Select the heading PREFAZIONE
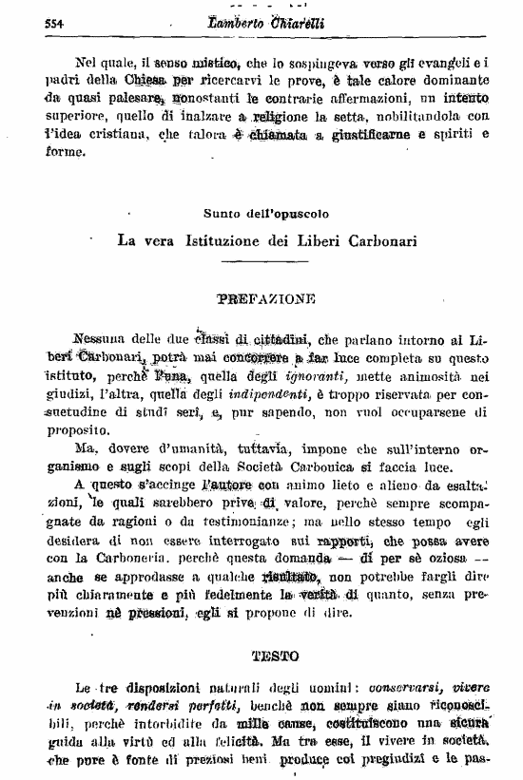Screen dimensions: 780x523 [265, 297]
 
